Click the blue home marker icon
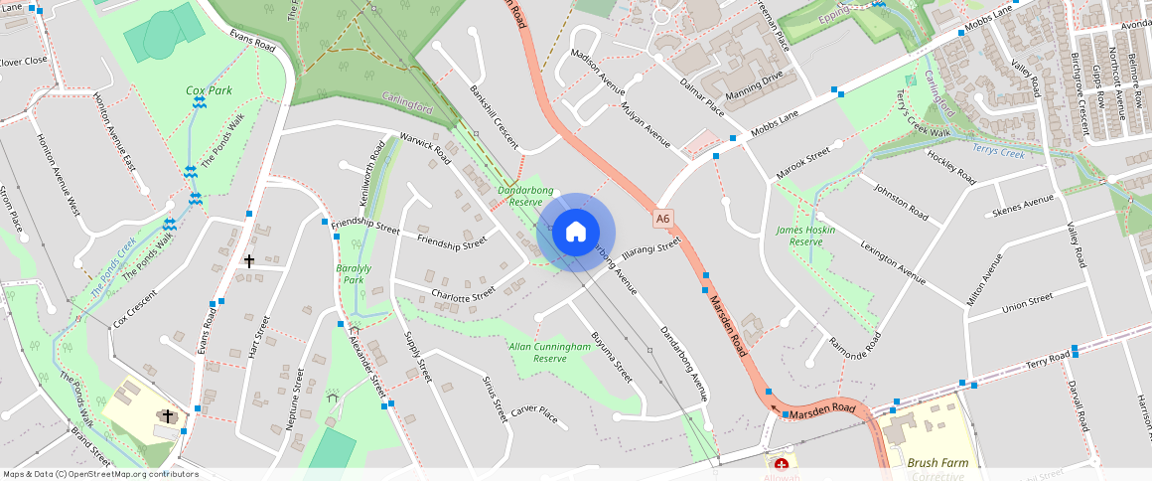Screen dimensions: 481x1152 575,233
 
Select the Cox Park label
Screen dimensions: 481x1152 209,90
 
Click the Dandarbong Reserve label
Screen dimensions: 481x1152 519,194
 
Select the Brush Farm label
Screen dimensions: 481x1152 935,462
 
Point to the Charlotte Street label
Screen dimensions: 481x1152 463,294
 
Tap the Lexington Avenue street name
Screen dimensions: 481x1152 893,261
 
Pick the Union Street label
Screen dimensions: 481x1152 1027,300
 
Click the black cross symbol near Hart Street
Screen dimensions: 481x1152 249,260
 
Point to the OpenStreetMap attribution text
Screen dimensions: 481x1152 99,474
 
